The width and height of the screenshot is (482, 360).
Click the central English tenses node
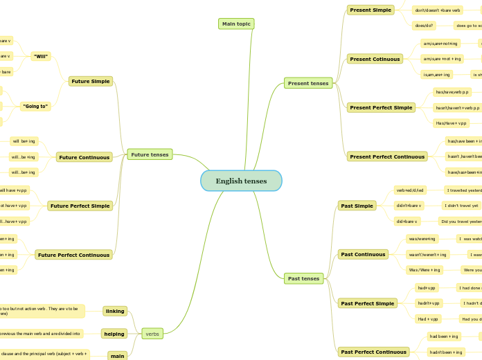click(x=241, y=181)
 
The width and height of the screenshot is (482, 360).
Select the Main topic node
click(x=236, y=24)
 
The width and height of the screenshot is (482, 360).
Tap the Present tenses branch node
click(x=308, y=83)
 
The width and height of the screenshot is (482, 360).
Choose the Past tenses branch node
click(x=303, y=278)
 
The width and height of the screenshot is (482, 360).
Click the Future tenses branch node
click(x=150, y=154)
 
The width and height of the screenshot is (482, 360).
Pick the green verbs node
click(x=152, y=334)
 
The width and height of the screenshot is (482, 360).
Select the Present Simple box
click(x=371, y=10)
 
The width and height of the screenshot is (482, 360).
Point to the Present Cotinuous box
click(x=375, y=59)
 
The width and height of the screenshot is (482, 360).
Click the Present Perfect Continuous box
click(x=387, y=156)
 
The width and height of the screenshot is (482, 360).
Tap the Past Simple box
click(x=357, y=206)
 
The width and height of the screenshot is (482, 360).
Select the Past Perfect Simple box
click(x=367, y=303)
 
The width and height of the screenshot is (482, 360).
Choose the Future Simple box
click(x=91, y=81)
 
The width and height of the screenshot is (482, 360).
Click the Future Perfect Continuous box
click(x=74, y=255)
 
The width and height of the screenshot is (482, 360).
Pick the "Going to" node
click(x=35, y=106)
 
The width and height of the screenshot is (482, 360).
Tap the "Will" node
click(x=41, y=56)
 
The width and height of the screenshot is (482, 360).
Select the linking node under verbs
click(x=115, y=311)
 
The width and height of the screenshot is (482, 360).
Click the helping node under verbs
click(x=114, y=334)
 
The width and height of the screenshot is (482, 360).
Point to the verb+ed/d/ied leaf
click(x=409, y=190)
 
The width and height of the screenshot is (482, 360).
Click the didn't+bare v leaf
click(x=409, y=206)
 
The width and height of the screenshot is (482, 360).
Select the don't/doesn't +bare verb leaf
click(x=437, y=10)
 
